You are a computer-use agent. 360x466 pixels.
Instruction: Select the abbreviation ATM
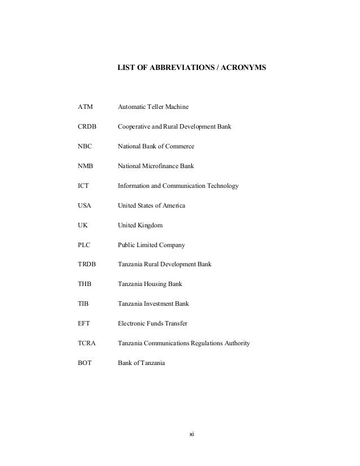[85, 107]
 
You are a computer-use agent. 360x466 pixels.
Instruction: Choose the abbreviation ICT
[84, 186]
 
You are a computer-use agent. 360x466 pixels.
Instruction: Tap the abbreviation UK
[82, 225]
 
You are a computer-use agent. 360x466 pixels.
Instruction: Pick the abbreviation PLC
[84, 245]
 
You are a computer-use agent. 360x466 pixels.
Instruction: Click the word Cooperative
[136, 126]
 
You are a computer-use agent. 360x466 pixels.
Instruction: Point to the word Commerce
[179, 146]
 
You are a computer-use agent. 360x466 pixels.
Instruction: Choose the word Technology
[222, 186]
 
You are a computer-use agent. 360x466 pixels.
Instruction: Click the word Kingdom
[150, 225]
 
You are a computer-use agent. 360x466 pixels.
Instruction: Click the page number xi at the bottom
[192, 434]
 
